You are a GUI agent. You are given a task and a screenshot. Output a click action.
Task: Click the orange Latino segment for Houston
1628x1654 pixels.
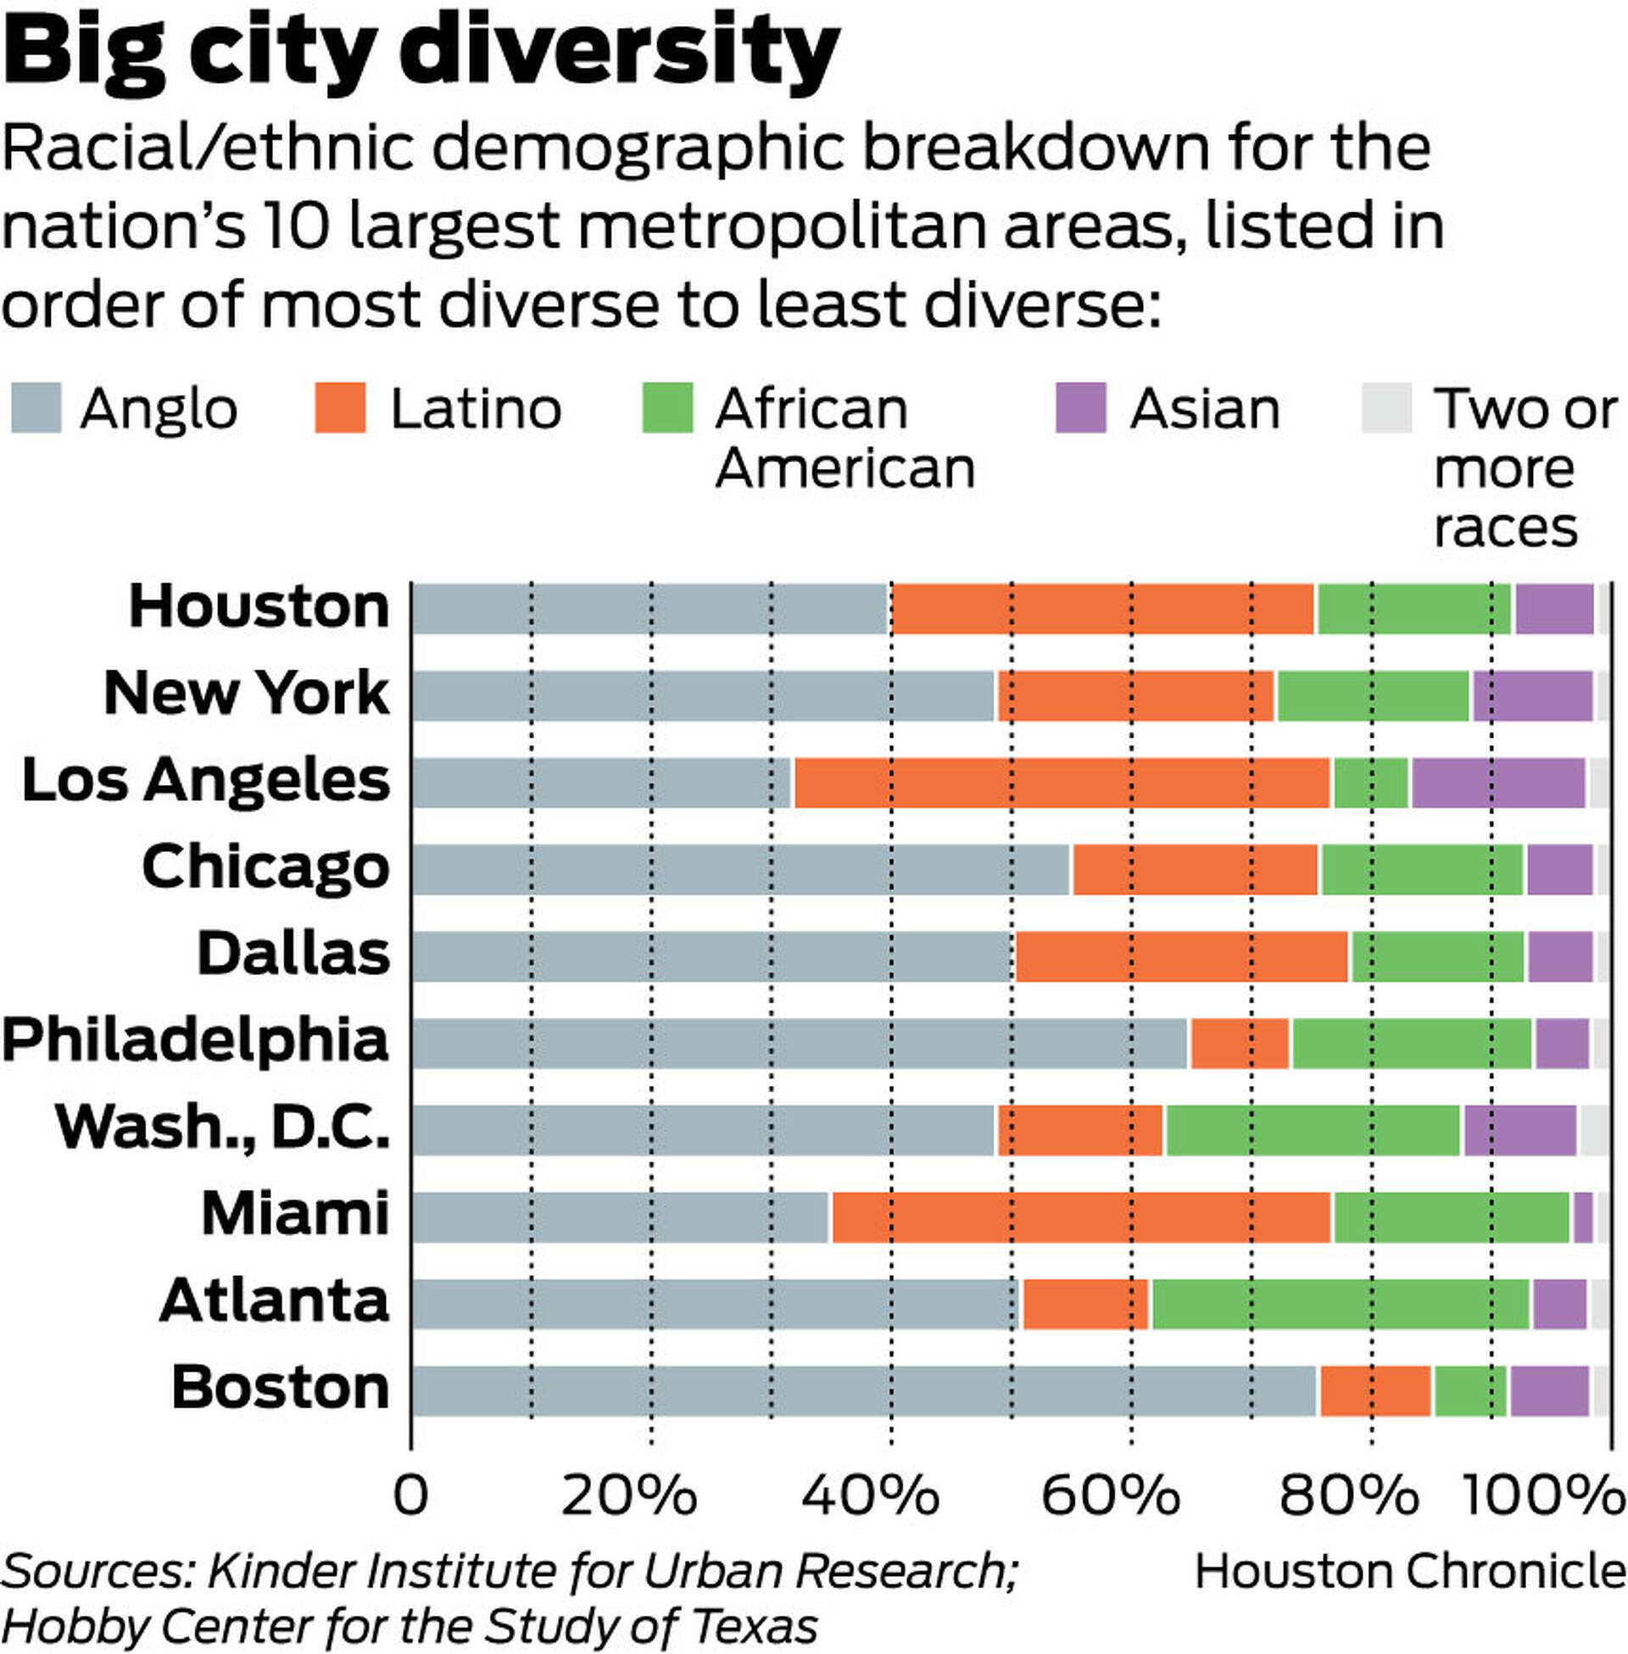click(1101, 609)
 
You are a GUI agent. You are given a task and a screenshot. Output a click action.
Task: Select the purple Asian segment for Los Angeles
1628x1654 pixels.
click(1498, 782)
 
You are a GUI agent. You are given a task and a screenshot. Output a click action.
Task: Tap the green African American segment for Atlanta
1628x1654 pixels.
click(1340, 1304)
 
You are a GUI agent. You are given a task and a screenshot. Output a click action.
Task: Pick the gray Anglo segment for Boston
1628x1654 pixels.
click(863, 1390)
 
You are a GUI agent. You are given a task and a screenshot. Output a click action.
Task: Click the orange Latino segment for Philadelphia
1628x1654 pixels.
click(1239, 1043)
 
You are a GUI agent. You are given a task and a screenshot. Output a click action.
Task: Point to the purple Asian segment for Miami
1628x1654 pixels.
click(1583, 1217)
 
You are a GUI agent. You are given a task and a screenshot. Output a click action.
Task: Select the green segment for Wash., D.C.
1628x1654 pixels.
click(1313, 1130)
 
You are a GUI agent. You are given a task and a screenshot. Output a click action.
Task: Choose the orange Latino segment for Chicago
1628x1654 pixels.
click(1195, 869)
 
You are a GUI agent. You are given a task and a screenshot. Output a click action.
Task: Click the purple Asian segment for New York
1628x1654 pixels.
click(1532, 696)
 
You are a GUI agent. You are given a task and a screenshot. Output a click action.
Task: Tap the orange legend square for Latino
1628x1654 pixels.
click(339, 408)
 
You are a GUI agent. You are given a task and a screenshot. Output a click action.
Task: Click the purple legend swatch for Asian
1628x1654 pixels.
click(1080, 408)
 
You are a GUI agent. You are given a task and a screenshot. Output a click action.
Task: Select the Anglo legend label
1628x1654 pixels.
click(159, 409)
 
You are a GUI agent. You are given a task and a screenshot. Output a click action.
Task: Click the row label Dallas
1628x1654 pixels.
click(293, 953)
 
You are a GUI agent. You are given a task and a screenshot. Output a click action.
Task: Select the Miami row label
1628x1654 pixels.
click(295, 1213)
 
